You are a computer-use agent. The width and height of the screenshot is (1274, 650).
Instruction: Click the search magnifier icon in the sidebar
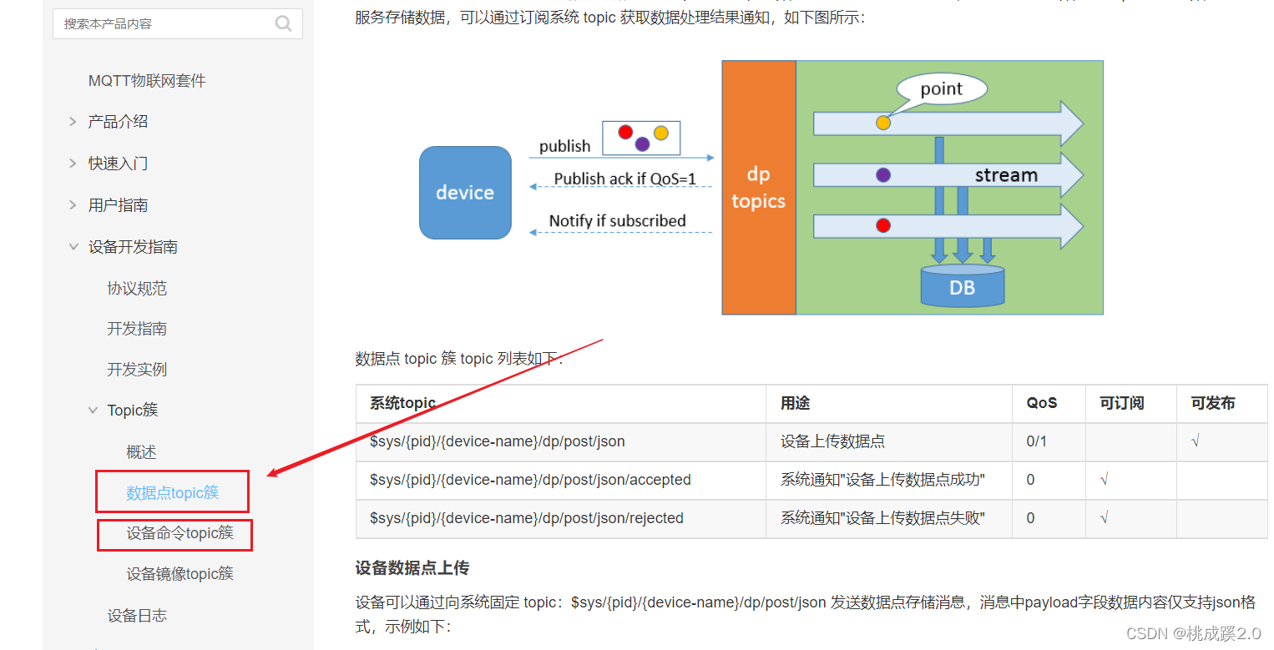pos(284,23)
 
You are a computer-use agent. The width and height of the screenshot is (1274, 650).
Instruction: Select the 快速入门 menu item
pos(118,164)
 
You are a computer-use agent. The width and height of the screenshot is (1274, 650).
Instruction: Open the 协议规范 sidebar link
pos(137,289)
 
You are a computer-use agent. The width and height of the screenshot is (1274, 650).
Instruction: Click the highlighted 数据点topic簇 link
pos(172,492)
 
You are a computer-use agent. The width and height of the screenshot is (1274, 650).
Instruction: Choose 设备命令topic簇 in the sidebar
pos(179,533)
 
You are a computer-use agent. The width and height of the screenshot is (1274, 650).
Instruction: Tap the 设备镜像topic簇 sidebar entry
pos(179,574)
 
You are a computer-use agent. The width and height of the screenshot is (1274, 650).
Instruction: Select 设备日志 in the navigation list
pos(137,616)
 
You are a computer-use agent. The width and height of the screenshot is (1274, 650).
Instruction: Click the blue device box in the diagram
pos(465,193)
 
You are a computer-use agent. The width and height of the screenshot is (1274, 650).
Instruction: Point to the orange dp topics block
pos(758,188)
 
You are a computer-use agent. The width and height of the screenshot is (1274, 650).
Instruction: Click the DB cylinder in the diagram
pos(962,286)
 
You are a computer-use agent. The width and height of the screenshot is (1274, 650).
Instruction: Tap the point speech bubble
pos(941,89)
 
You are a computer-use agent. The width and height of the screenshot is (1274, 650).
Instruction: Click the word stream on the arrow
pos(1006,175)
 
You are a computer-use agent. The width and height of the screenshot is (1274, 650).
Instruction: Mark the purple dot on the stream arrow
pos(883,175)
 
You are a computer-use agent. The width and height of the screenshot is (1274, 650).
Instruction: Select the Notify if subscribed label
pos(617,221)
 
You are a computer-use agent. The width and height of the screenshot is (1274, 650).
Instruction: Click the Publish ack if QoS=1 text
pos(624,179)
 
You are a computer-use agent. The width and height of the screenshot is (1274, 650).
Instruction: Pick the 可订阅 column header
pos(1121,403)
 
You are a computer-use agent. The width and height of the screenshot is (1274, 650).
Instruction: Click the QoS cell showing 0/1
pos(1036,441)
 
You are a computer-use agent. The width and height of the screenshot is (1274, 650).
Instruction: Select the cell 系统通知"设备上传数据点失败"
pos(882,518)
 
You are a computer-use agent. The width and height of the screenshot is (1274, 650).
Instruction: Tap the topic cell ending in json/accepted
pos(530,480)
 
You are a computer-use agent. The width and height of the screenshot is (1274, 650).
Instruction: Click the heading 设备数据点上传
pos(412,568)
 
